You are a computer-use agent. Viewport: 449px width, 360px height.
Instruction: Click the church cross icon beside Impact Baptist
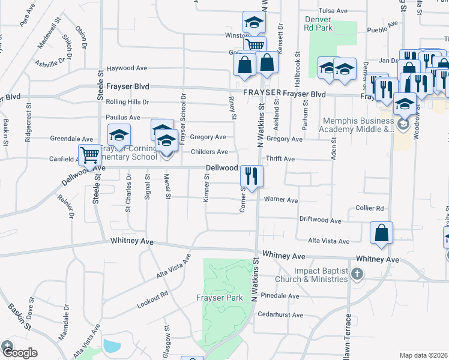[x=357, y=275]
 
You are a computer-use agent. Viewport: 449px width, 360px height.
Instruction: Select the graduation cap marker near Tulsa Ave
[x=254, y=23]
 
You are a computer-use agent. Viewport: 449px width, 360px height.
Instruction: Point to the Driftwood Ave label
[x=321, y=220]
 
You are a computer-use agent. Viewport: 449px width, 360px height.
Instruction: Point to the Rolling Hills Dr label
[x=127, y=102]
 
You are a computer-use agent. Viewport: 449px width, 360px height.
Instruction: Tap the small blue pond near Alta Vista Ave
[x=112, y=346]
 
